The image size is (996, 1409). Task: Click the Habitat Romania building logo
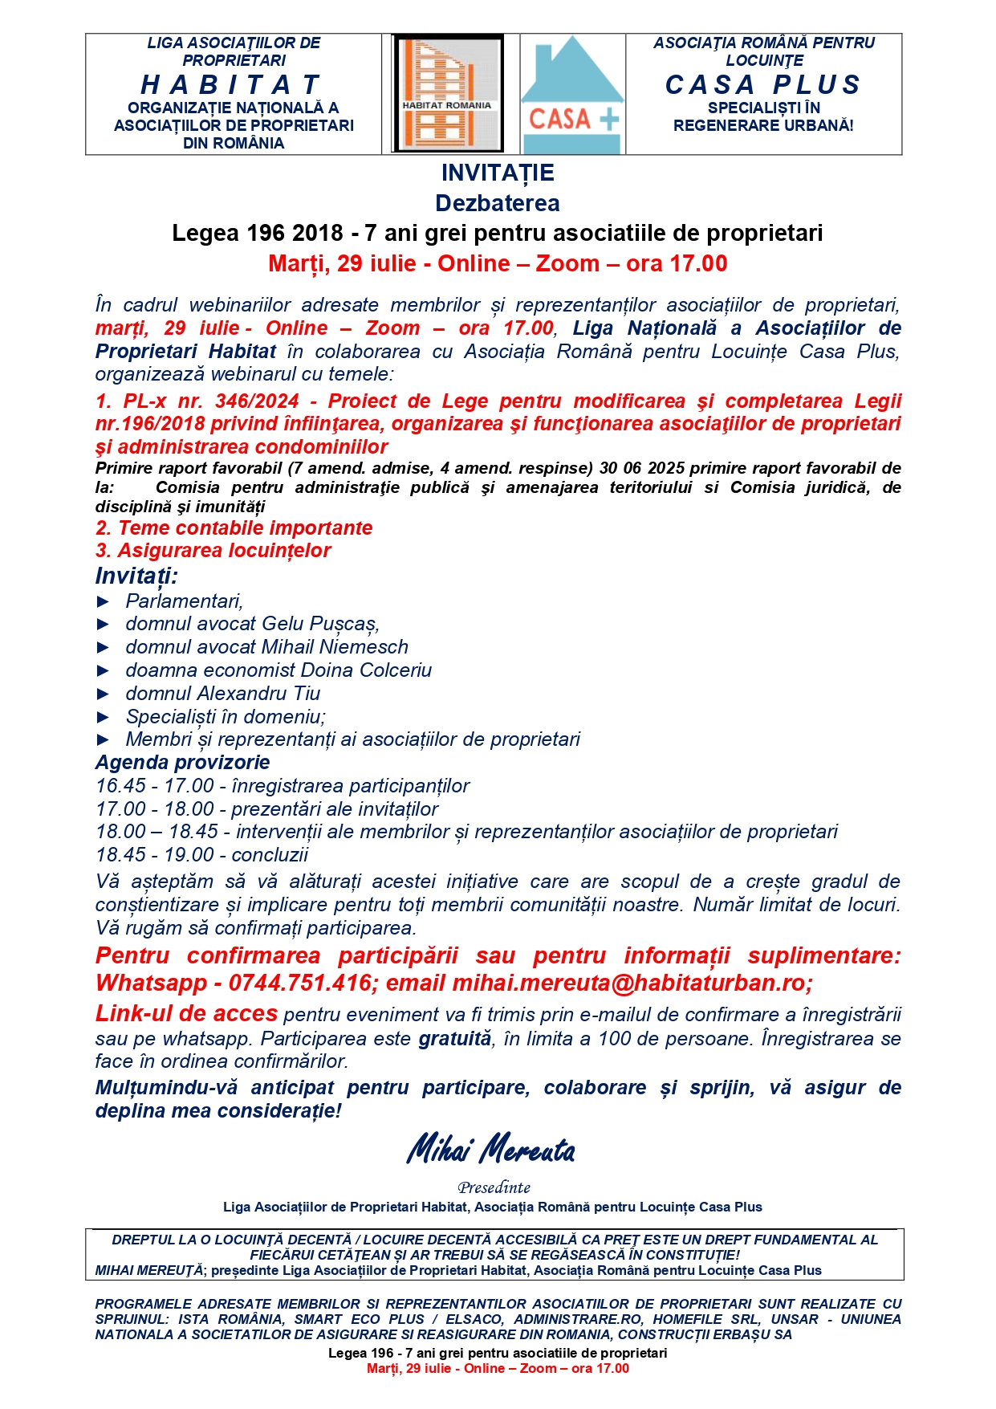coord(448,94)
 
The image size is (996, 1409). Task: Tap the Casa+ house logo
coord(573,95)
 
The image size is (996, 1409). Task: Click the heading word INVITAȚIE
coord(498,173)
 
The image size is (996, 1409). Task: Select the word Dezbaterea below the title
coord(498,203)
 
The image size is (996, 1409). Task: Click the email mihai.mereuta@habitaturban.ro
coord(632,983)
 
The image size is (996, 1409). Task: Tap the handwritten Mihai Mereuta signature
coord(491,1150)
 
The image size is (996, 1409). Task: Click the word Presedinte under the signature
coord(494,1187)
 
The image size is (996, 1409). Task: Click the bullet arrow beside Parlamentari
coord(103,601)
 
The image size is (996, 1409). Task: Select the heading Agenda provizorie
coord(182,763)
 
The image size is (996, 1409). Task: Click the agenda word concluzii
coord(270,855)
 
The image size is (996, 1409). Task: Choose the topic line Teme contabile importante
coord(234,528)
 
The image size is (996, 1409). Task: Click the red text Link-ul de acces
coord(186,1014)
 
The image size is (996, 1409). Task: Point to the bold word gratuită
coord(454,1039)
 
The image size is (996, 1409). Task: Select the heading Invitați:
coord(136,576)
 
